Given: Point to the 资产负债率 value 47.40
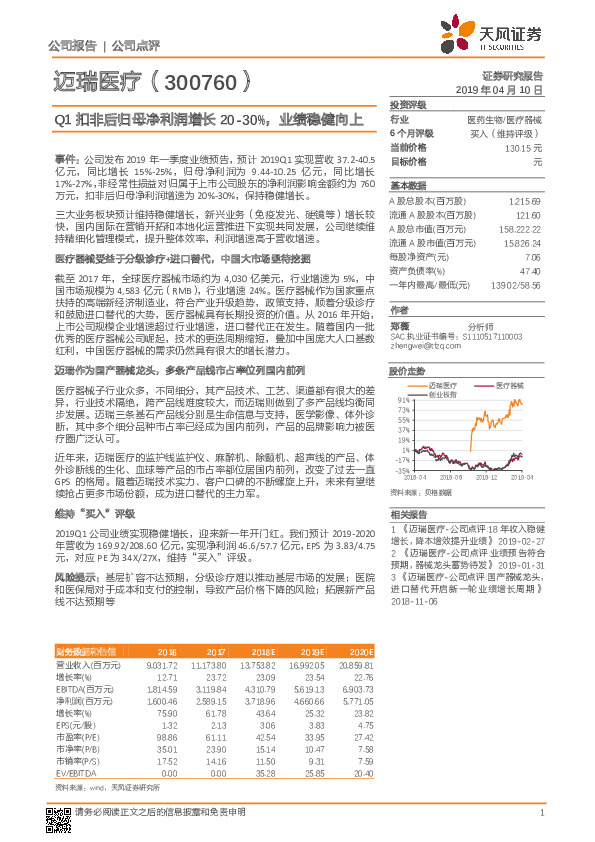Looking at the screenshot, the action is coord(530,270).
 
